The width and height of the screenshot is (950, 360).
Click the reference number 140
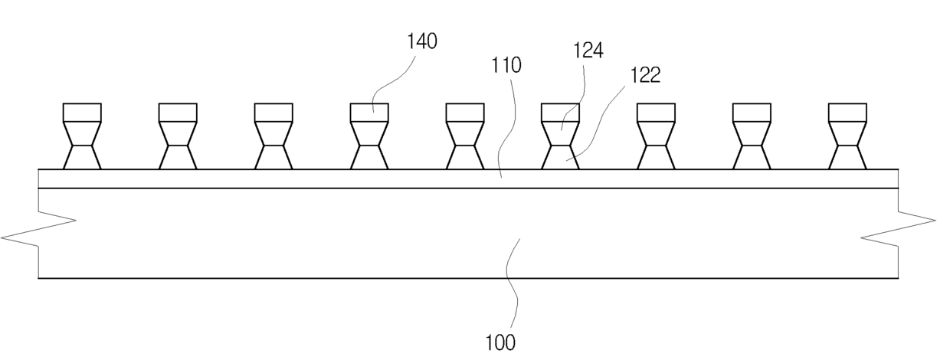point(421,41)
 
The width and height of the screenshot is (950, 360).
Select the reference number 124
point(588,51)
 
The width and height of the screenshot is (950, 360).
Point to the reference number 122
point(645,74)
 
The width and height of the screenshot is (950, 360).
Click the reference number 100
point(501,342)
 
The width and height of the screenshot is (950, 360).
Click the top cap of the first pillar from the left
point(82,113)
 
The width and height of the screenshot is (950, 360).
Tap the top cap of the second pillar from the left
point(178,113)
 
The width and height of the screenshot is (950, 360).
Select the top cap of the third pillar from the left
point(274,113)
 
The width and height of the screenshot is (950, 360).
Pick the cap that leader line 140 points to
point(369,113)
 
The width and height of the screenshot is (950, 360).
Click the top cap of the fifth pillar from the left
point(465,113)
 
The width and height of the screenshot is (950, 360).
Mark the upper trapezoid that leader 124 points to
point(561,133)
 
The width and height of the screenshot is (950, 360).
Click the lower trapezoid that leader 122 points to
point(561,158)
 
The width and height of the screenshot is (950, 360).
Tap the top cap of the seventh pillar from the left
point(656,113)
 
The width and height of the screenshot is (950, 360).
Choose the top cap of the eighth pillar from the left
point(752,113)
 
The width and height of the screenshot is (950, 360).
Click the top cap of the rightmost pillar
point(847,113)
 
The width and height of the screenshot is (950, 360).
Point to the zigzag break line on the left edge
point(38,232)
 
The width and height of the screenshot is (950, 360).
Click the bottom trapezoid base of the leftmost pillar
point(82,158)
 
